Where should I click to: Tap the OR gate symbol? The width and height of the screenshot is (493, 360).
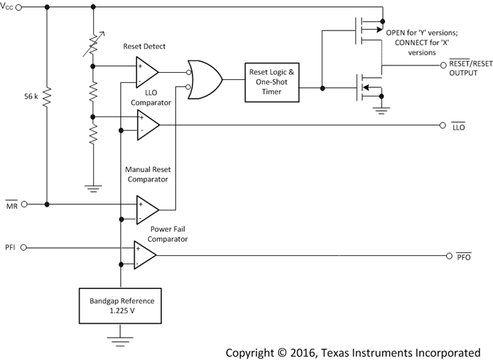click(x=205, y=80)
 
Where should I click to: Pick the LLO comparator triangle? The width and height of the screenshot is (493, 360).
click(x=146, y=124)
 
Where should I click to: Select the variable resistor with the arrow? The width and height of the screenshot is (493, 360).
click(x=93, y=44)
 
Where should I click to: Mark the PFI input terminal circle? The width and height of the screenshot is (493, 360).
click(x=24, y=248)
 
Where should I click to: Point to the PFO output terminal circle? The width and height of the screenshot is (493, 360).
click(x=450, y=255)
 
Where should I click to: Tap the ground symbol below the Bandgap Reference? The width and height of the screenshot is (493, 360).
click(x=116, y=340)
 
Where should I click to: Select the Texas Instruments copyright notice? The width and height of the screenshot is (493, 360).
click(x=353, y=352)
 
